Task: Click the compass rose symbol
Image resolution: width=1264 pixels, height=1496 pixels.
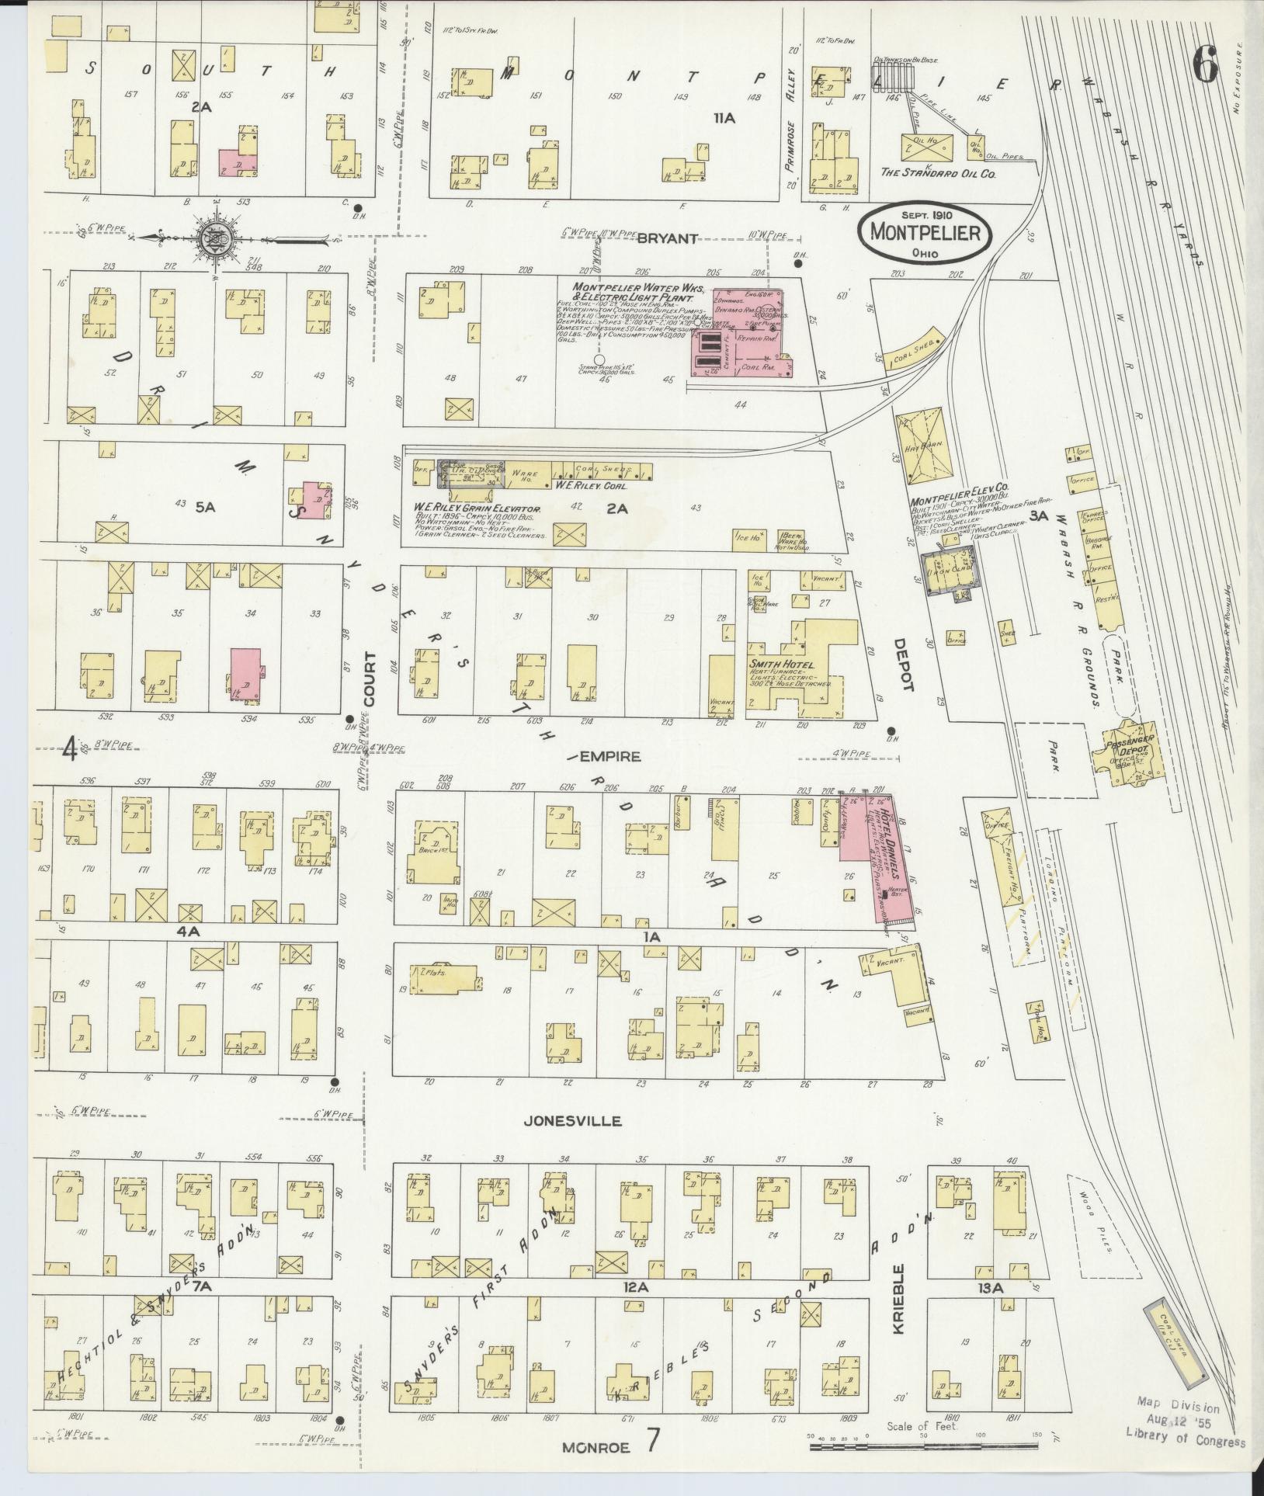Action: tap(212, 239)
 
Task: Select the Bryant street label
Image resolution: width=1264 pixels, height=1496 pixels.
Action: tap(667, 238)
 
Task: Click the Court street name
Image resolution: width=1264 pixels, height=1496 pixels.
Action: tap(369, 679)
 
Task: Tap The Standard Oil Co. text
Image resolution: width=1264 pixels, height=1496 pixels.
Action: tap(937, 174)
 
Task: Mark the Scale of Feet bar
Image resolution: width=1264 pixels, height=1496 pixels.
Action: tap(924, 1446)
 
